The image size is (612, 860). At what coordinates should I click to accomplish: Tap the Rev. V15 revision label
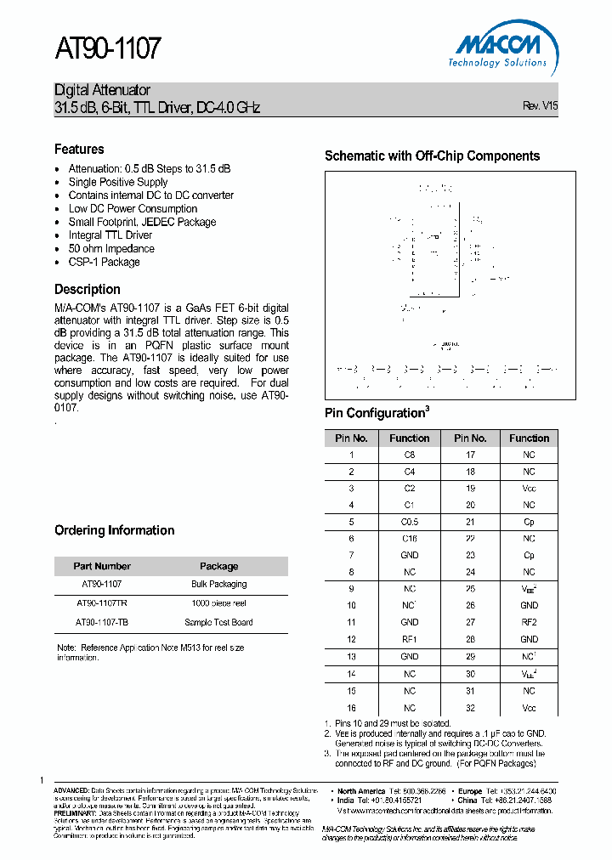tap(540, 106)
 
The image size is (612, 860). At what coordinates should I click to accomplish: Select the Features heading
tap(79, 149)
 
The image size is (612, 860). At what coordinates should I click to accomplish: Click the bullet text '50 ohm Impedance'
tap(111, 249)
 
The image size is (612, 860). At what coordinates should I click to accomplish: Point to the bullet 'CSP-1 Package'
tap(104, 263)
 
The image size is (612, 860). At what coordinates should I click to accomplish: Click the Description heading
tap(87, 289)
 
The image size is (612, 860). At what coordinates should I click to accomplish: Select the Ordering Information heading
tap(114, 530)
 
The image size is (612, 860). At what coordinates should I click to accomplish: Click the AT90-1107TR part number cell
tap(102, 603)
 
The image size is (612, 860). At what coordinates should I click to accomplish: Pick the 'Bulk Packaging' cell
tap(218, 585)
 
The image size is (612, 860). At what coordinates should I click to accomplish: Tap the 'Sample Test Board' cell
tap(218, 622)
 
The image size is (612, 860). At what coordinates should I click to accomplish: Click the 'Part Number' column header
tap(102, 566)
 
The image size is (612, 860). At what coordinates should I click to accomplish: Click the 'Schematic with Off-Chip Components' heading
tap(432, 156)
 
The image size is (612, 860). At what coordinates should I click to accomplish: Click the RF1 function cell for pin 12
tap(410, 640)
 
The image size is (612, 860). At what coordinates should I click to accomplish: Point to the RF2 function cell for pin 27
tap(529, 623)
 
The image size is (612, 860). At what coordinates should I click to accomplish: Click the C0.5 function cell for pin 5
tap(410, 522)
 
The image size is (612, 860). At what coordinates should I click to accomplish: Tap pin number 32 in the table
tap(470, 708)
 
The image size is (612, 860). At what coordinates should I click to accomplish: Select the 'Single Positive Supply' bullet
tap(118, 182)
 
